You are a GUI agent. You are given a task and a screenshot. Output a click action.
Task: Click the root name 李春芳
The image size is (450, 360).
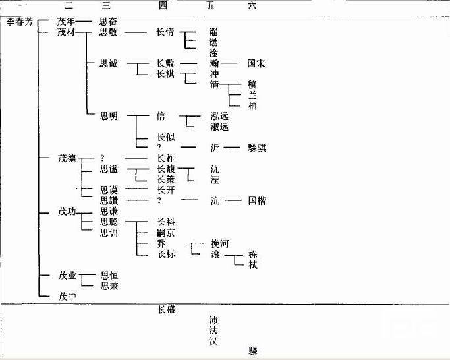pyautogui.click(x=20, y=22)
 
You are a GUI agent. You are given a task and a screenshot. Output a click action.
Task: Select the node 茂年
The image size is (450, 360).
pyautogui.click(x=67, y=21)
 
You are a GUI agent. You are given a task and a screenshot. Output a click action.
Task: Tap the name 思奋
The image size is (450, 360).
pyautogui.click(x=109, y=21)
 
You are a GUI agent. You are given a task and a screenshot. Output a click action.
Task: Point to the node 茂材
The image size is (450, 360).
pyautogui.click(x=67, y=32)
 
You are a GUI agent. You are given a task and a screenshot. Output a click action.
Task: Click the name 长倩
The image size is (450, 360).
pyautogui.click(x=165, y=32)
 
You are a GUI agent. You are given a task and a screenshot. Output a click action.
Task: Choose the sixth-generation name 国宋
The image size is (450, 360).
pyautogui.click(x=256, y=64)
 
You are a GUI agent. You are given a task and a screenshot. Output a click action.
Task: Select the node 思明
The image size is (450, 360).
pyautogui.click(x=109, y=116)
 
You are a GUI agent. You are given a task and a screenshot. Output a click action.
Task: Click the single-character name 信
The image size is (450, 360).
pyautogui.click(x=161, y=116)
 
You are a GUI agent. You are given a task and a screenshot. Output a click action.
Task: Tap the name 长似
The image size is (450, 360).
pyautogui.click(x=165, y=137)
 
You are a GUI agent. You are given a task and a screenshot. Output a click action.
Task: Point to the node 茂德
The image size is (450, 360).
pyautogui.click(x=67, y=158)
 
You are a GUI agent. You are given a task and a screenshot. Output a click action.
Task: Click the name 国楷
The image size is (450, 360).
pyautogui.click(x=256, y=201)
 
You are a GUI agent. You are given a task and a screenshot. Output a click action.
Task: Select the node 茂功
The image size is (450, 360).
pyautogui.click(x=67, y=212)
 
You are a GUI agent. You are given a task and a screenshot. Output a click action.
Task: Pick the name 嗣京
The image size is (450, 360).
pyautogui.click(x=165, y=233)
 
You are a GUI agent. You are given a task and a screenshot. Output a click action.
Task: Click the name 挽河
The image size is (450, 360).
pyautogui.click(x=219, y=243)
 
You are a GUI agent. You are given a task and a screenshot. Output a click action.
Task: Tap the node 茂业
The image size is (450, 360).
pyautogui.click(x=67, y=275)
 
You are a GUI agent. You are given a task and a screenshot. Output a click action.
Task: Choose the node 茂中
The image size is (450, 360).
pyautogui.click(x=67, y=296)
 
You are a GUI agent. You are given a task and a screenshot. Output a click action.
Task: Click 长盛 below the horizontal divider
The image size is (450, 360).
pyautogui.click(x=166, y=310)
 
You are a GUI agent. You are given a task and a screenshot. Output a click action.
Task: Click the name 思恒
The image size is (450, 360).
pyautogui.click(x=109, y=275)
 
